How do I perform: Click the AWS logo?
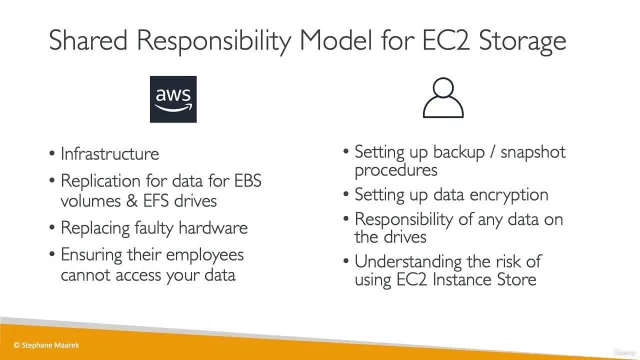(173, 99)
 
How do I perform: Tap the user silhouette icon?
(443, 98)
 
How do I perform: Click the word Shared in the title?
(88, 40)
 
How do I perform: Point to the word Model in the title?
(336, 40)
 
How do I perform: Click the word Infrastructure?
(110, 154)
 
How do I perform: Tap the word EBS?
(248, 181)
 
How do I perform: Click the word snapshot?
(533, 153)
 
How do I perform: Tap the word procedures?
(396, 171)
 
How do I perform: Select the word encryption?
(509, 195)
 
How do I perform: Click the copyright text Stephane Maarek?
(46, 345)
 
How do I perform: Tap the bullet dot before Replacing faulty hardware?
(52, 227)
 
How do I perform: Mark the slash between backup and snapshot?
(493, 152)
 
